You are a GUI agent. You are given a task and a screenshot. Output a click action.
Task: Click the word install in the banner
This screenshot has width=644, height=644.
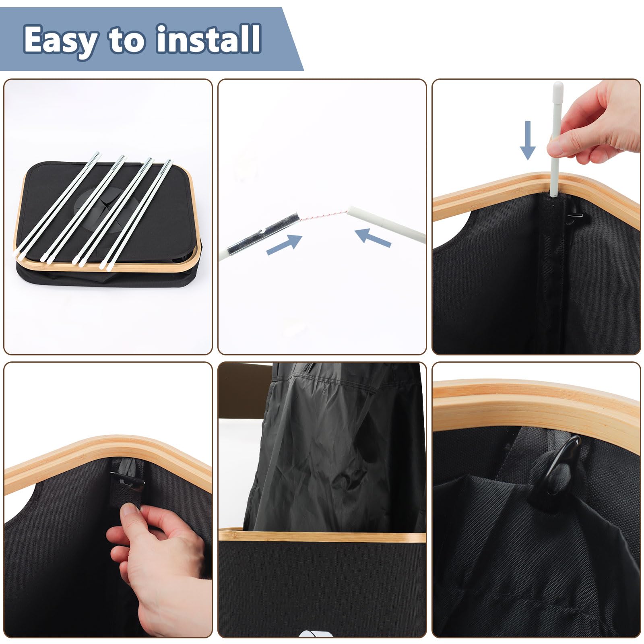pyautogui.click(x=209, y=39)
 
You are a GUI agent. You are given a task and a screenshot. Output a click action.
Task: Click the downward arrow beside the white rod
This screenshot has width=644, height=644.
pyautogui.click(x=528, y=140)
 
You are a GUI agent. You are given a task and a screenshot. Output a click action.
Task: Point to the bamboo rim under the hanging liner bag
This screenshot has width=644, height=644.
pyautogui.click(x=322, y=535)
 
